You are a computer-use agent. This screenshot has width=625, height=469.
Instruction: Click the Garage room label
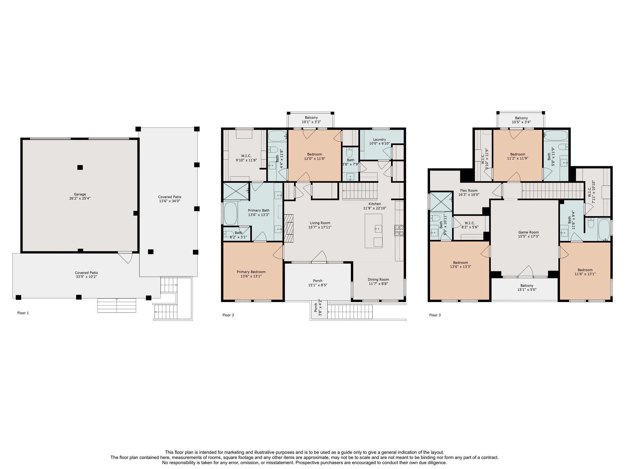tap(80, 196)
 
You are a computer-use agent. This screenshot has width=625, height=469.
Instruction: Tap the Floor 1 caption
tap(23, 313)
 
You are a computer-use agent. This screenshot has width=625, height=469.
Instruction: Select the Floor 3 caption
tap(435, 315)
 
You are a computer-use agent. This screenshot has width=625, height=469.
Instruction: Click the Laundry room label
tap(380, 141)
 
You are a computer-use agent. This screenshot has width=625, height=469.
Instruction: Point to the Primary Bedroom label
tap(251, 274)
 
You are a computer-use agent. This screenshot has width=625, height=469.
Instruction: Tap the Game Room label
tap(529, 234)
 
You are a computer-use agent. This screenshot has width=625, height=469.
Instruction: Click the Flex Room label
tap(469, 192)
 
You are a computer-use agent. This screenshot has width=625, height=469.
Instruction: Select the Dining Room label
tap(378, 282)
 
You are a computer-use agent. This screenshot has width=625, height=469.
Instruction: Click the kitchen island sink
tap(378, 229)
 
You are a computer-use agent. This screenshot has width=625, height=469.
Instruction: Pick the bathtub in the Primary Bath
tap(230, 213)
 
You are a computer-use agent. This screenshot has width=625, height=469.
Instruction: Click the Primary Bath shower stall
tap(236, 191)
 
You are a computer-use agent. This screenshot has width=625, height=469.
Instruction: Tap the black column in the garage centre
tap(80, 167)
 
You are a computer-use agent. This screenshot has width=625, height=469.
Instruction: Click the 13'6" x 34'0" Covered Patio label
tap(170, 199)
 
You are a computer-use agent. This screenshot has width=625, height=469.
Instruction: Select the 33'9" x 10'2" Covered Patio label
tap(86, 275)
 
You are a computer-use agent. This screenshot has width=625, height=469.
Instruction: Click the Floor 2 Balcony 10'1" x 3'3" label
tap(311, 120)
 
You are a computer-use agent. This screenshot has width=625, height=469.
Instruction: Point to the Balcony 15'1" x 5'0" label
tap(527, 288)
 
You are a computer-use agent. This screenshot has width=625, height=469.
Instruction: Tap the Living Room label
tap(320, 225)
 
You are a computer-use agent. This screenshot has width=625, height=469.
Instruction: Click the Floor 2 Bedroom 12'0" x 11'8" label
tap(315, 156)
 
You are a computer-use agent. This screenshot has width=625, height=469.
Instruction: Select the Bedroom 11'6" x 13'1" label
tap(585, 272)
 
